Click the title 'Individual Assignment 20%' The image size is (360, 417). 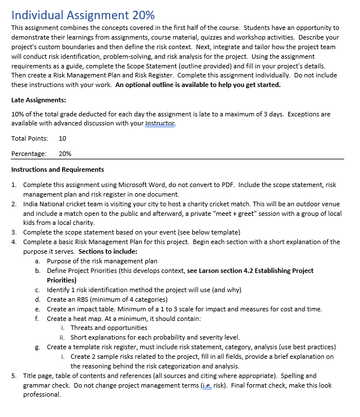[x=83, y=14]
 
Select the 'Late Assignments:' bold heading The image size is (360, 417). [x=38, y=100]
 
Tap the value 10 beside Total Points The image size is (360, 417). [x=62, y=138]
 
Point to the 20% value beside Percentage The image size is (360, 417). [x=65, y=154]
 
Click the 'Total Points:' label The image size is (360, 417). [x=29, y=138]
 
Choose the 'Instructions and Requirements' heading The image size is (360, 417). [x=58, y=170]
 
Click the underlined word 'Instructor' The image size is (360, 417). [x=161, y=123]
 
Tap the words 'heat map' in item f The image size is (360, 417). [x=82, y=318]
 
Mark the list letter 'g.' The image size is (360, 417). [x=37, y=347]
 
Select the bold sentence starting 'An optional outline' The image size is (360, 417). [x=198, y=85]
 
